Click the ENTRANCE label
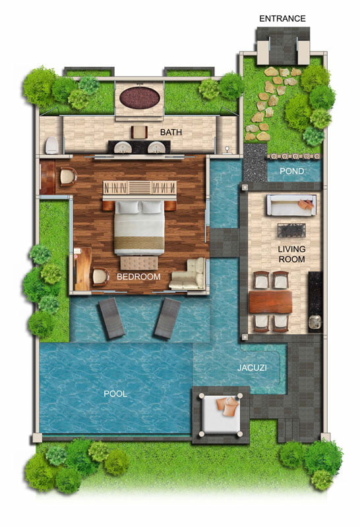click(x=282, y=18)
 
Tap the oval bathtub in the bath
click(x=139, y=97)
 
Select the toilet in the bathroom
click(x=52, y=145)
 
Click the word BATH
click(x=171, y=132)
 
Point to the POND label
click(x=291, y=171)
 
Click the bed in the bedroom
click(x=139, y=227)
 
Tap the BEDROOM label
click(x=138, y=277)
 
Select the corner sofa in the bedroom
click(x=188, y=274)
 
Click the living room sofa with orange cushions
click(x=291, y=205)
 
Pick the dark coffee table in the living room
click(x=291, y=230)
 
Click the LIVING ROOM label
click(x=291, y=254)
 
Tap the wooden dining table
click(x=270, y=302)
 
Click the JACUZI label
click(x=252, y=368)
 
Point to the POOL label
click(x=115, y=393)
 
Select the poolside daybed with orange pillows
click(x=220, y=415)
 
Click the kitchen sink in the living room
click(x=315, y=321)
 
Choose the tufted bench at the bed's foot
click(x=139, y=263)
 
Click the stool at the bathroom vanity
click(x=139, y=132)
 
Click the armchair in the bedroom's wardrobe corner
click(x=68, y=177)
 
